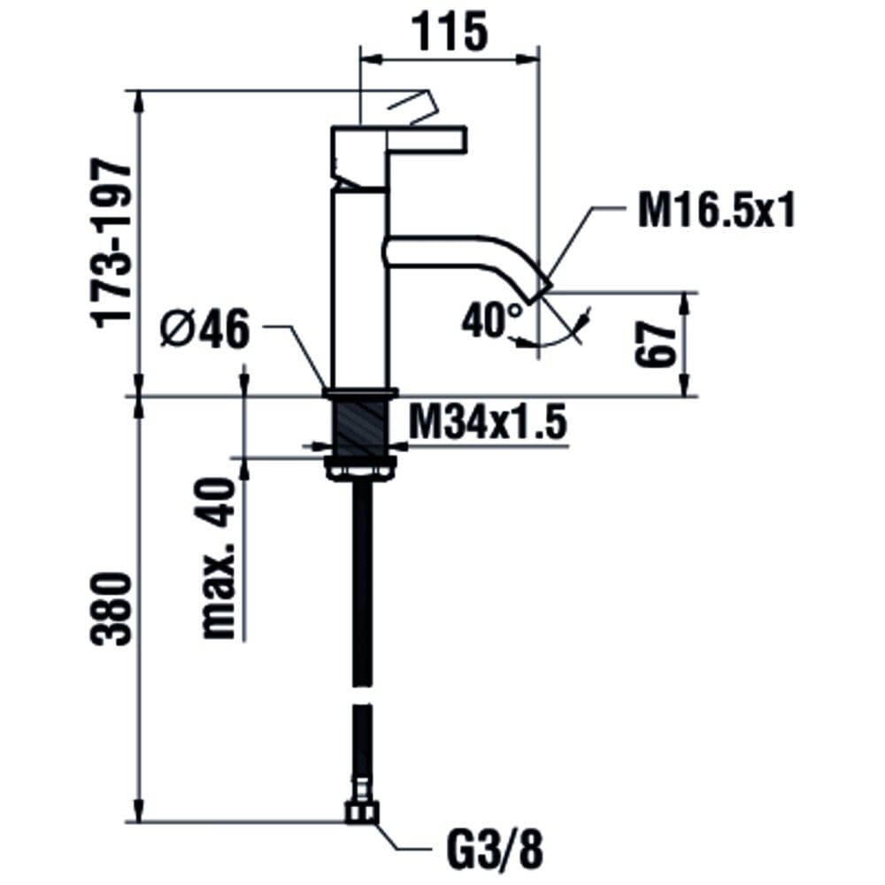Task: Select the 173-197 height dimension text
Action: point(113,244)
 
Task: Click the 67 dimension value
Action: point(655,345)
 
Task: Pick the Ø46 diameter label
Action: point(204,329)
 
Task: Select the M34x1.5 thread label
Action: point(487,423)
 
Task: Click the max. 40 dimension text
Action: point(219,558)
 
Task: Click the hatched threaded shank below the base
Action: point(362,427)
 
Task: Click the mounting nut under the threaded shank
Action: point(361,468)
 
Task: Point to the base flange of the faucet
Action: point(361,393)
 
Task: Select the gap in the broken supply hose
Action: point(362,695)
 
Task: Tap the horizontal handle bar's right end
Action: point(466,140)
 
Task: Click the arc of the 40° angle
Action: point(558,339)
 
